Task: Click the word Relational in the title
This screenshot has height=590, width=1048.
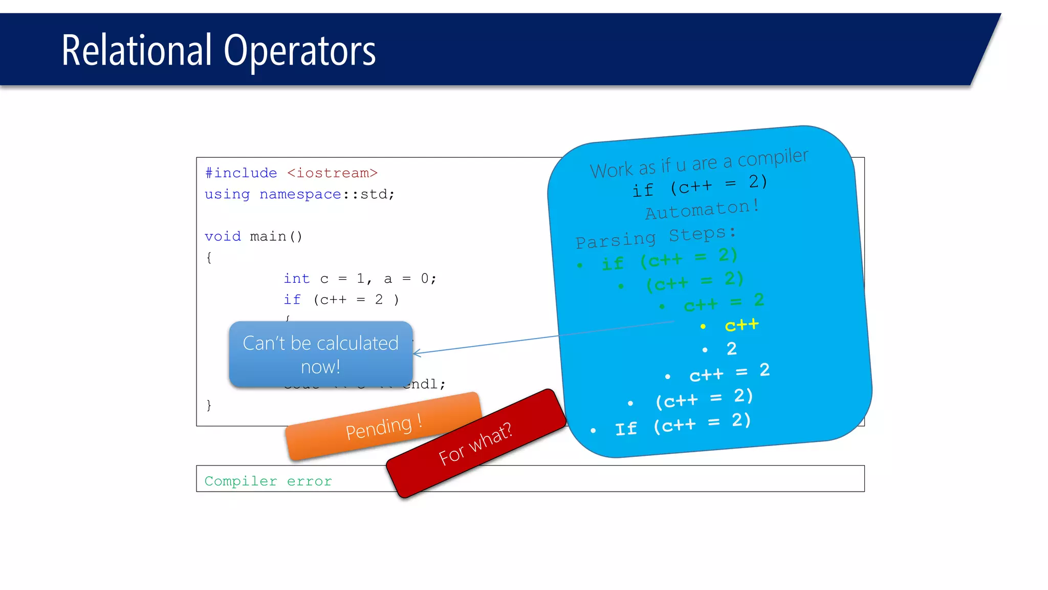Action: (136, 50)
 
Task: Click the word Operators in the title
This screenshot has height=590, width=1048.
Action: (299, 51)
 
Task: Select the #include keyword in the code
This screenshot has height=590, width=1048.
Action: (241, 173)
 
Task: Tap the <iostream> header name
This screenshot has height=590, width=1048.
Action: (332, 173)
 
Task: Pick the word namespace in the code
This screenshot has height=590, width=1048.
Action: (300, 195)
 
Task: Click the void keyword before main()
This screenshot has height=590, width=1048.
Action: (223, 237)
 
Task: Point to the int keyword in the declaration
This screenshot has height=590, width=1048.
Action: (297, 279)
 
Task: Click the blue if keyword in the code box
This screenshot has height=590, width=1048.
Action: (292, 300)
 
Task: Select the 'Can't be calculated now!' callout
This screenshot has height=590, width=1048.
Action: (320, 354)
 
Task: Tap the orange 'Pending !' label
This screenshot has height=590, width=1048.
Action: (383, 427)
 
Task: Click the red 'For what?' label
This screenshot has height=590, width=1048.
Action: (475, 444)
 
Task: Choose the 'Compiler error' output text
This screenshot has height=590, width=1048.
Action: (268, 481)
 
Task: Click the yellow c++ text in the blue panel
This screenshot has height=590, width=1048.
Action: (741, 325)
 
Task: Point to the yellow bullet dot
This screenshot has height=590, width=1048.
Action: (703, 326)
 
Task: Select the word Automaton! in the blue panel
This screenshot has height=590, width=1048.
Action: (702, 209)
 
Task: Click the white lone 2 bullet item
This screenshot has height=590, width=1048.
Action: (732, 349)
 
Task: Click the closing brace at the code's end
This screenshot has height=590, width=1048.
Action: (209, 405)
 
